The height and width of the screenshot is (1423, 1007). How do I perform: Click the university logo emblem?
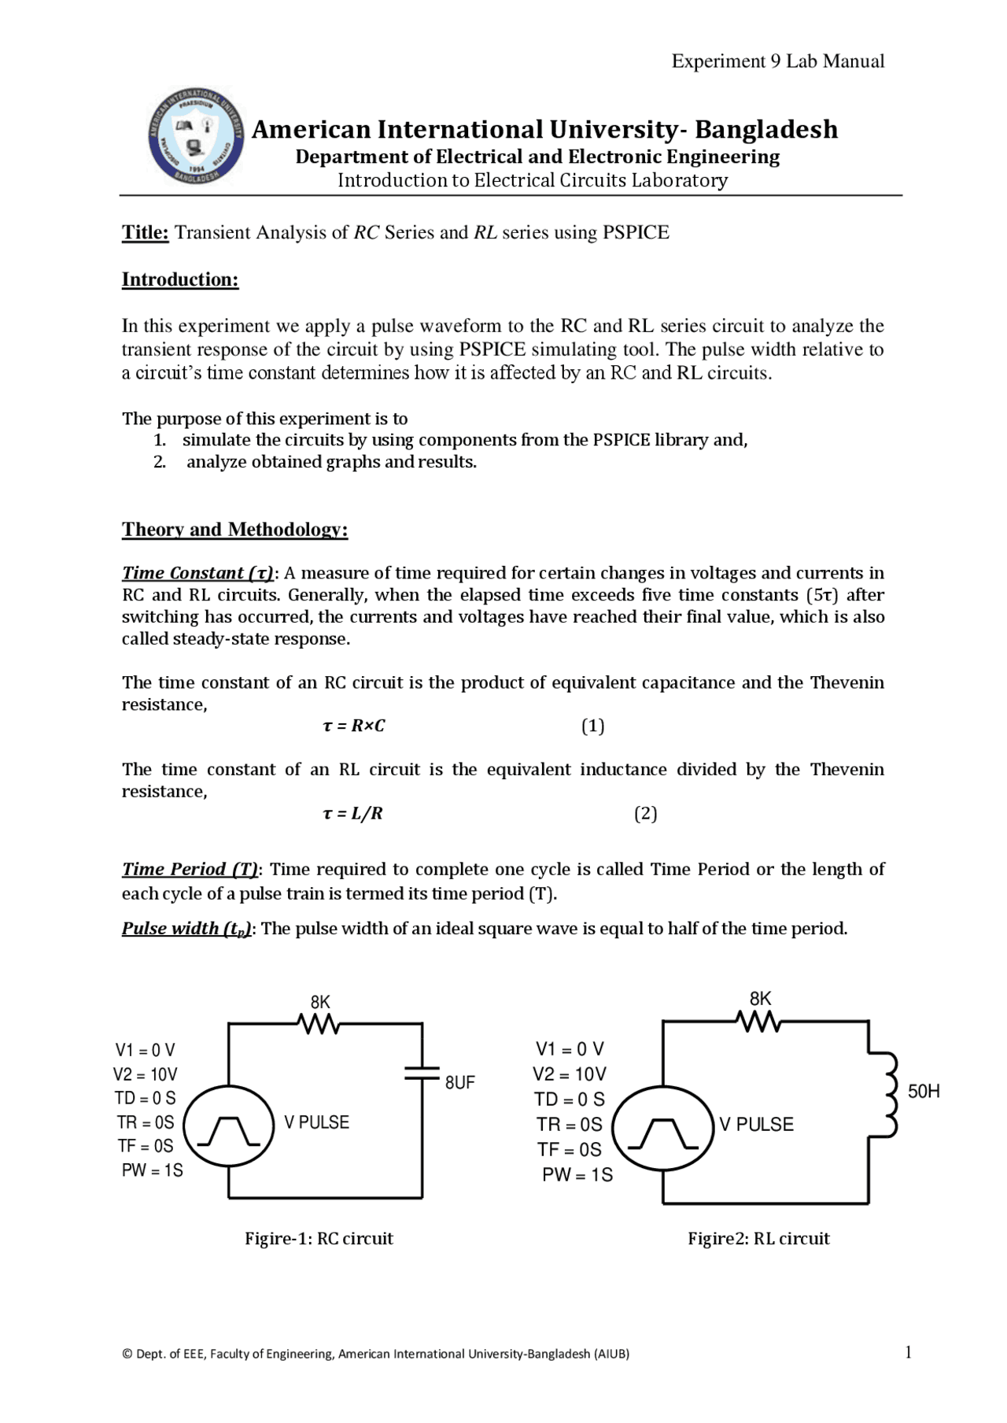click(x=195, y=137)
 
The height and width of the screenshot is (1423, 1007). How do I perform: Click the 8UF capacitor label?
click(x=459, y=1082)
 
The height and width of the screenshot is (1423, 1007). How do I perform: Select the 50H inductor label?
click(x=924, y=1091)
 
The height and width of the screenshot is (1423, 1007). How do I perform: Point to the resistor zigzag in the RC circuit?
click(x=319, y=1024)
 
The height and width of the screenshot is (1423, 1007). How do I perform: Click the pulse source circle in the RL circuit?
click(x=663, y=1128)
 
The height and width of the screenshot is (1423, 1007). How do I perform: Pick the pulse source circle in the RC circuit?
click(x=229, y=1126)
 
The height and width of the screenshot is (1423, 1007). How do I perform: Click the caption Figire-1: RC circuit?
click(x=319, y=1238)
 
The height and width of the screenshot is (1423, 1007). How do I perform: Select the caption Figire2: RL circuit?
click(x=758, y=1238)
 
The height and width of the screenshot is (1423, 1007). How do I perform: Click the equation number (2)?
click(x=645, y=813)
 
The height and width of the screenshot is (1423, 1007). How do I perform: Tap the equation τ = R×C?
click(x=354, y=726)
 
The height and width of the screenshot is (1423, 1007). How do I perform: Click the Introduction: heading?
click(x=180, y=279)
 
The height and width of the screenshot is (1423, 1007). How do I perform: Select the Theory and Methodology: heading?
click(x=234, y=529)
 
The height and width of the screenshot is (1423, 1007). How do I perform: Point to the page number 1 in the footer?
click(x=908, y=1352)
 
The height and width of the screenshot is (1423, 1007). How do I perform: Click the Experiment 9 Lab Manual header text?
click(x=777, y=61)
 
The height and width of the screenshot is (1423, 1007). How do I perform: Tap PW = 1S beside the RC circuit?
click(x=152, y=1170)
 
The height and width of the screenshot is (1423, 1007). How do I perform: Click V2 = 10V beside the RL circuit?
click(x=569, y=1074)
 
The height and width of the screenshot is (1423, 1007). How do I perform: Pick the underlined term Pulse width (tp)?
click(x=186, y=929)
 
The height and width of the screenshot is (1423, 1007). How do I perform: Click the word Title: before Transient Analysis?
click(x=146, y=232)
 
